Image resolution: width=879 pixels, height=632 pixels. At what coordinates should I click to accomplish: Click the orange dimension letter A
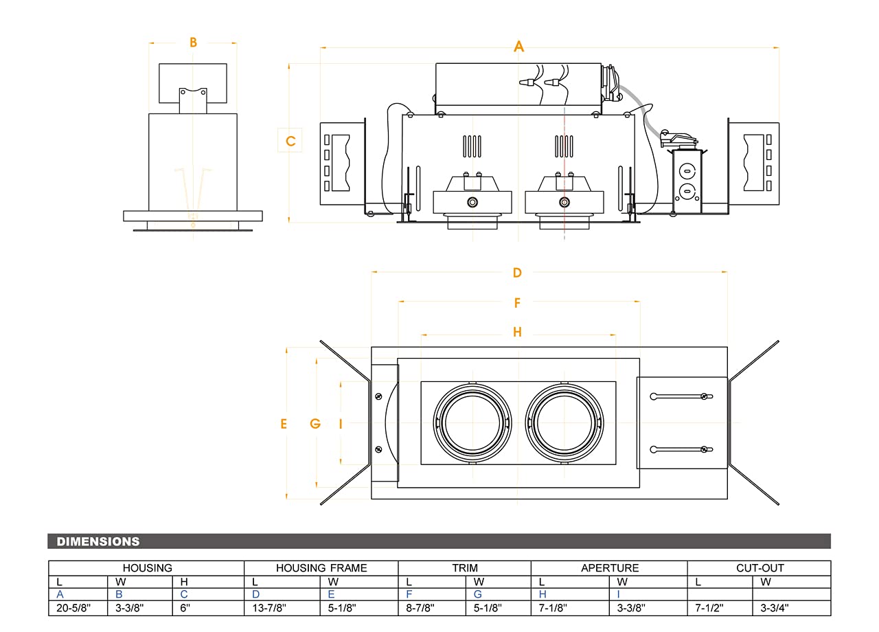pos(519,47)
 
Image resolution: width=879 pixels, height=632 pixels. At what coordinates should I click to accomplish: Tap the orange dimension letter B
pos(194,43)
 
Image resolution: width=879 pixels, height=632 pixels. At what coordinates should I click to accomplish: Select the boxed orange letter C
pos(290,141)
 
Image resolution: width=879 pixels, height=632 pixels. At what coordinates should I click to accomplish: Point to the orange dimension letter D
pos(517,273)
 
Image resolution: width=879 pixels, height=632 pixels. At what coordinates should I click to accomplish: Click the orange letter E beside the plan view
pos(284,424)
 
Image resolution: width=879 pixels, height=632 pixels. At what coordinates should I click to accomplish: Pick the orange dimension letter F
pos(517,302)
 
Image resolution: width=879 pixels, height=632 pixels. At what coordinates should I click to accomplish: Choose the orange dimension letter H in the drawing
pos(517,332)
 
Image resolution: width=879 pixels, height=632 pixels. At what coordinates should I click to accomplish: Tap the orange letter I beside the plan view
pos(341,424)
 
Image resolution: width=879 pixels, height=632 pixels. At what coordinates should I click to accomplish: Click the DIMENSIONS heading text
pos(98,541)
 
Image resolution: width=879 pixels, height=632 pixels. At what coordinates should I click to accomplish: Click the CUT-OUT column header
pos(759,568)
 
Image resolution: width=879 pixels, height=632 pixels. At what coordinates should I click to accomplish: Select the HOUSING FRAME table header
pos(321,568)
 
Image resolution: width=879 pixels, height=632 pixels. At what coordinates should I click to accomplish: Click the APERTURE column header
pos(610,568)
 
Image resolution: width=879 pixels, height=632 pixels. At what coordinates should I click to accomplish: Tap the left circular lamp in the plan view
pos(472,422)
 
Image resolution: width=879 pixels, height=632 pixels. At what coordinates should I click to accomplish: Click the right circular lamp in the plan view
pos(564,422)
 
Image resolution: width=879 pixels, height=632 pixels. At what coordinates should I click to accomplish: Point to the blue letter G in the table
pos(477,594)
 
